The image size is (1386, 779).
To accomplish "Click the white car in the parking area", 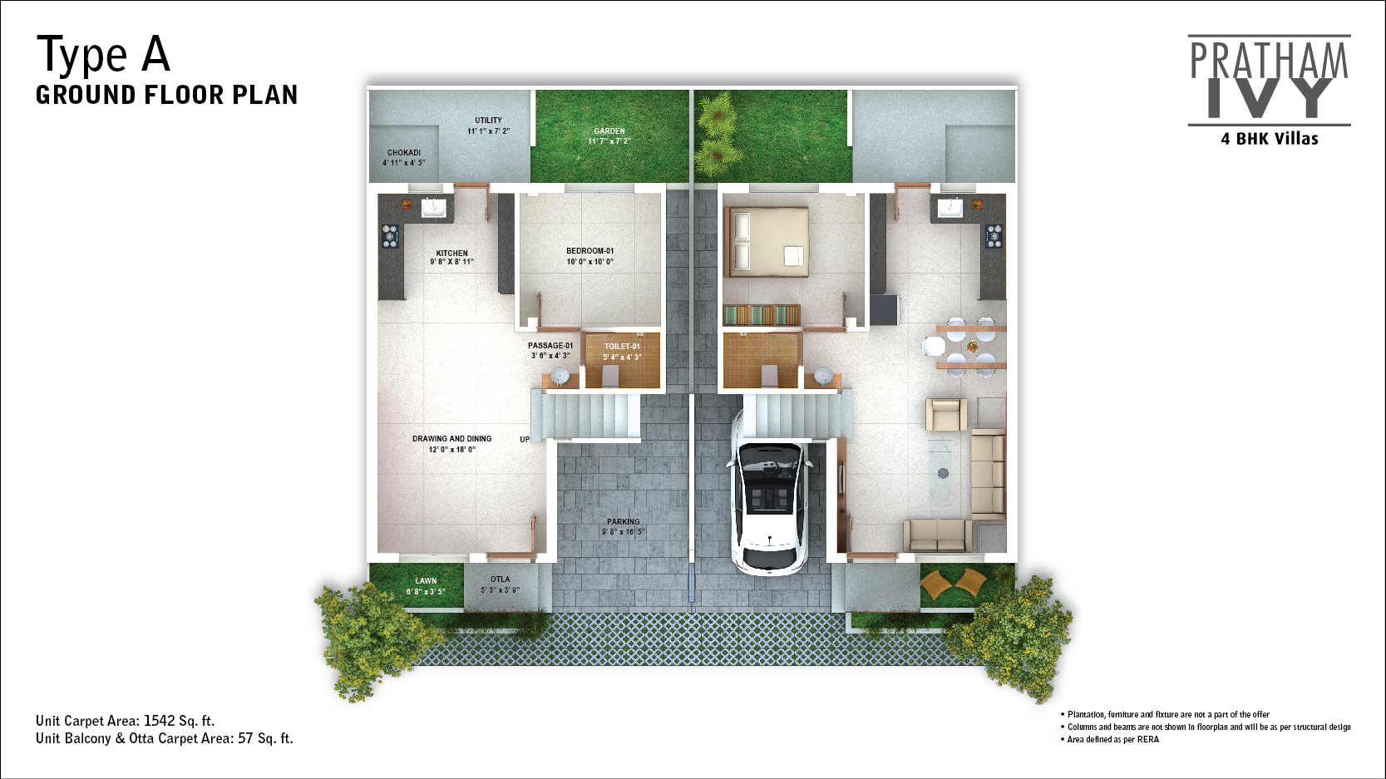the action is [769, 492].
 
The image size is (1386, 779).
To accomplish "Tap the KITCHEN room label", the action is [451, 253].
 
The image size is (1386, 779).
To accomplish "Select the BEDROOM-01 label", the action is [589, 250].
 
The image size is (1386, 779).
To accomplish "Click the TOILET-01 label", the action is [622, 347].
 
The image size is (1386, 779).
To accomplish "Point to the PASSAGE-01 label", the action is [550, 346].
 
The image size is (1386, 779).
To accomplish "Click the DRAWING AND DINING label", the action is [451, 439].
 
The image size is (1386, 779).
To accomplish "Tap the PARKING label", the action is [623, 521].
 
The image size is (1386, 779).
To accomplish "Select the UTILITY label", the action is [488, 120].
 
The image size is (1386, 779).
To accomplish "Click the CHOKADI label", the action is [404, 153].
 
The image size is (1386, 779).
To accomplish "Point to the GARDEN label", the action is [609, 131].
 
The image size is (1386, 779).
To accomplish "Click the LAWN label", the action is [426, 581].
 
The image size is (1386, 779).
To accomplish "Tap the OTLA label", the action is [500, 579].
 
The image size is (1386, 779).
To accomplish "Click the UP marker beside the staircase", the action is [525, 439].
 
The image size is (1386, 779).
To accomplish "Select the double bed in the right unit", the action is [767, 242].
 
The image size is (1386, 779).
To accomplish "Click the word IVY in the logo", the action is [1269, 98].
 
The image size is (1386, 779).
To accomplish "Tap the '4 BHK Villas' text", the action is [1269, 139].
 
